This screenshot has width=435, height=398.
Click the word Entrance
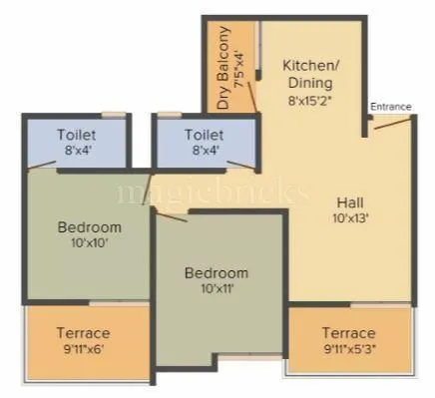389,106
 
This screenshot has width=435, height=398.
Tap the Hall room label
350,199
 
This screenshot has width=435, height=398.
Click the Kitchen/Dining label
307,74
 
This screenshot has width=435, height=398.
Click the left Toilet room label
77,134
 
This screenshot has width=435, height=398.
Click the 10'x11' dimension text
217,289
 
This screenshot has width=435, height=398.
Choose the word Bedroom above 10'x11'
217,272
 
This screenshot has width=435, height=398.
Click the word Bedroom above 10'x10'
90,226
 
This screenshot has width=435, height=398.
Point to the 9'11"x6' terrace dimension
84,349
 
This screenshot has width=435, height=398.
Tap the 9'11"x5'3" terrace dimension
348,349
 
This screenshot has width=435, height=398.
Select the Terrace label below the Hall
348,332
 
